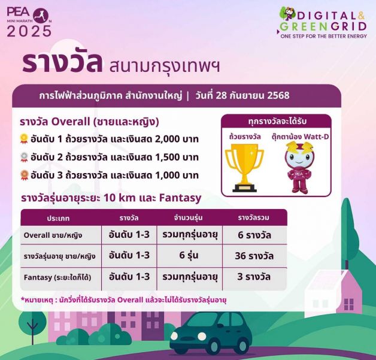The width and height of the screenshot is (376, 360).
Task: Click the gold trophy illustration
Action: [244, 168]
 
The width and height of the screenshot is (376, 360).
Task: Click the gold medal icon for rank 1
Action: [24, 139]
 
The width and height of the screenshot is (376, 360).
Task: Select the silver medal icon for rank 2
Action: [24, 158]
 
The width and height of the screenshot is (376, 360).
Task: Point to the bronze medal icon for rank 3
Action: [24, 176]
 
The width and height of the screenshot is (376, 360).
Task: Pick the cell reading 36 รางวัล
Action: [254, 256]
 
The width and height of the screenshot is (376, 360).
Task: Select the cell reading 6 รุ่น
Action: [189, 255]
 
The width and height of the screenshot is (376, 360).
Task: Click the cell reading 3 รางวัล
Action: [254, 277]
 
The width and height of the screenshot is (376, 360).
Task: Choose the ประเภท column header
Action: [58, 218]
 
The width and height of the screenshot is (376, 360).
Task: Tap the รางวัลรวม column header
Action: [254, 218]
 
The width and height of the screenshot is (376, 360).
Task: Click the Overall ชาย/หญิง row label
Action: [53, 235]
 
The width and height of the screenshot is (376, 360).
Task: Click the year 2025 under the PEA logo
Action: [29, 31]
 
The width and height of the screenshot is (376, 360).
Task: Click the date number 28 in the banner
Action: [221, 95]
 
